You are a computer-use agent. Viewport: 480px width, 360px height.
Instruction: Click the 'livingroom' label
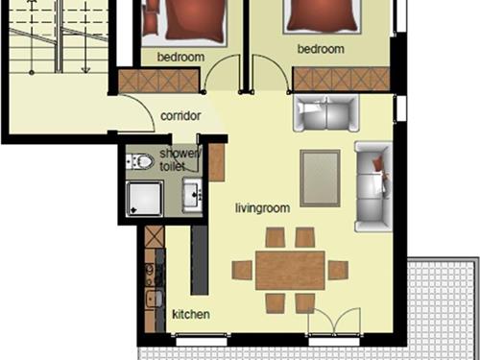click(263, 208)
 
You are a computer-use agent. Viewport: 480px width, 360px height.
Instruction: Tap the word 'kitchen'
click(191, 314)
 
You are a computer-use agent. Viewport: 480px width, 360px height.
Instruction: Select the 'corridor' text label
click(180, 116)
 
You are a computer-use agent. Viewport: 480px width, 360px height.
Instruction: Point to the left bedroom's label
click(180, 57)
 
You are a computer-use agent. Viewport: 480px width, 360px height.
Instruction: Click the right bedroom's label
click(321, 49)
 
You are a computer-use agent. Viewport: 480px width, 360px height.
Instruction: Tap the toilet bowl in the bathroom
click(140, 161)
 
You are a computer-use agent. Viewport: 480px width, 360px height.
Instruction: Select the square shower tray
click(144, 199)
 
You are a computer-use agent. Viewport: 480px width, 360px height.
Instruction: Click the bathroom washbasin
click(192, 195)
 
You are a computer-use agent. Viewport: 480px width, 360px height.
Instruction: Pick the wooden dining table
click(290, 271)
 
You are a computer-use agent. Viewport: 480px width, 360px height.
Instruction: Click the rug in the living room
click(320, 179)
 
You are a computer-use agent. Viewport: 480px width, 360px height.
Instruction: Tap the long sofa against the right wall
click(373, 186)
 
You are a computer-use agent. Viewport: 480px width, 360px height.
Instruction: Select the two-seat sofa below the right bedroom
click(326, 113)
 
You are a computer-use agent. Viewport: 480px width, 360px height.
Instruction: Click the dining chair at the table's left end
click(242, 271)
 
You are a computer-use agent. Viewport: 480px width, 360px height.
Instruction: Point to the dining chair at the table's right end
click(338, 271)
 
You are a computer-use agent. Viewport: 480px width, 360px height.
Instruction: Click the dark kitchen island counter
click(200, 260)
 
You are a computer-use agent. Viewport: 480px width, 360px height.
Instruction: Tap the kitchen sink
click(155, 299)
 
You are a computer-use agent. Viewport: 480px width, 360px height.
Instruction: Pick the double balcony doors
click(334, 321)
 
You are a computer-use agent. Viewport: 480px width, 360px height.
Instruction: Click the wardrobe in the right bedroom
click(342, 79)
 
